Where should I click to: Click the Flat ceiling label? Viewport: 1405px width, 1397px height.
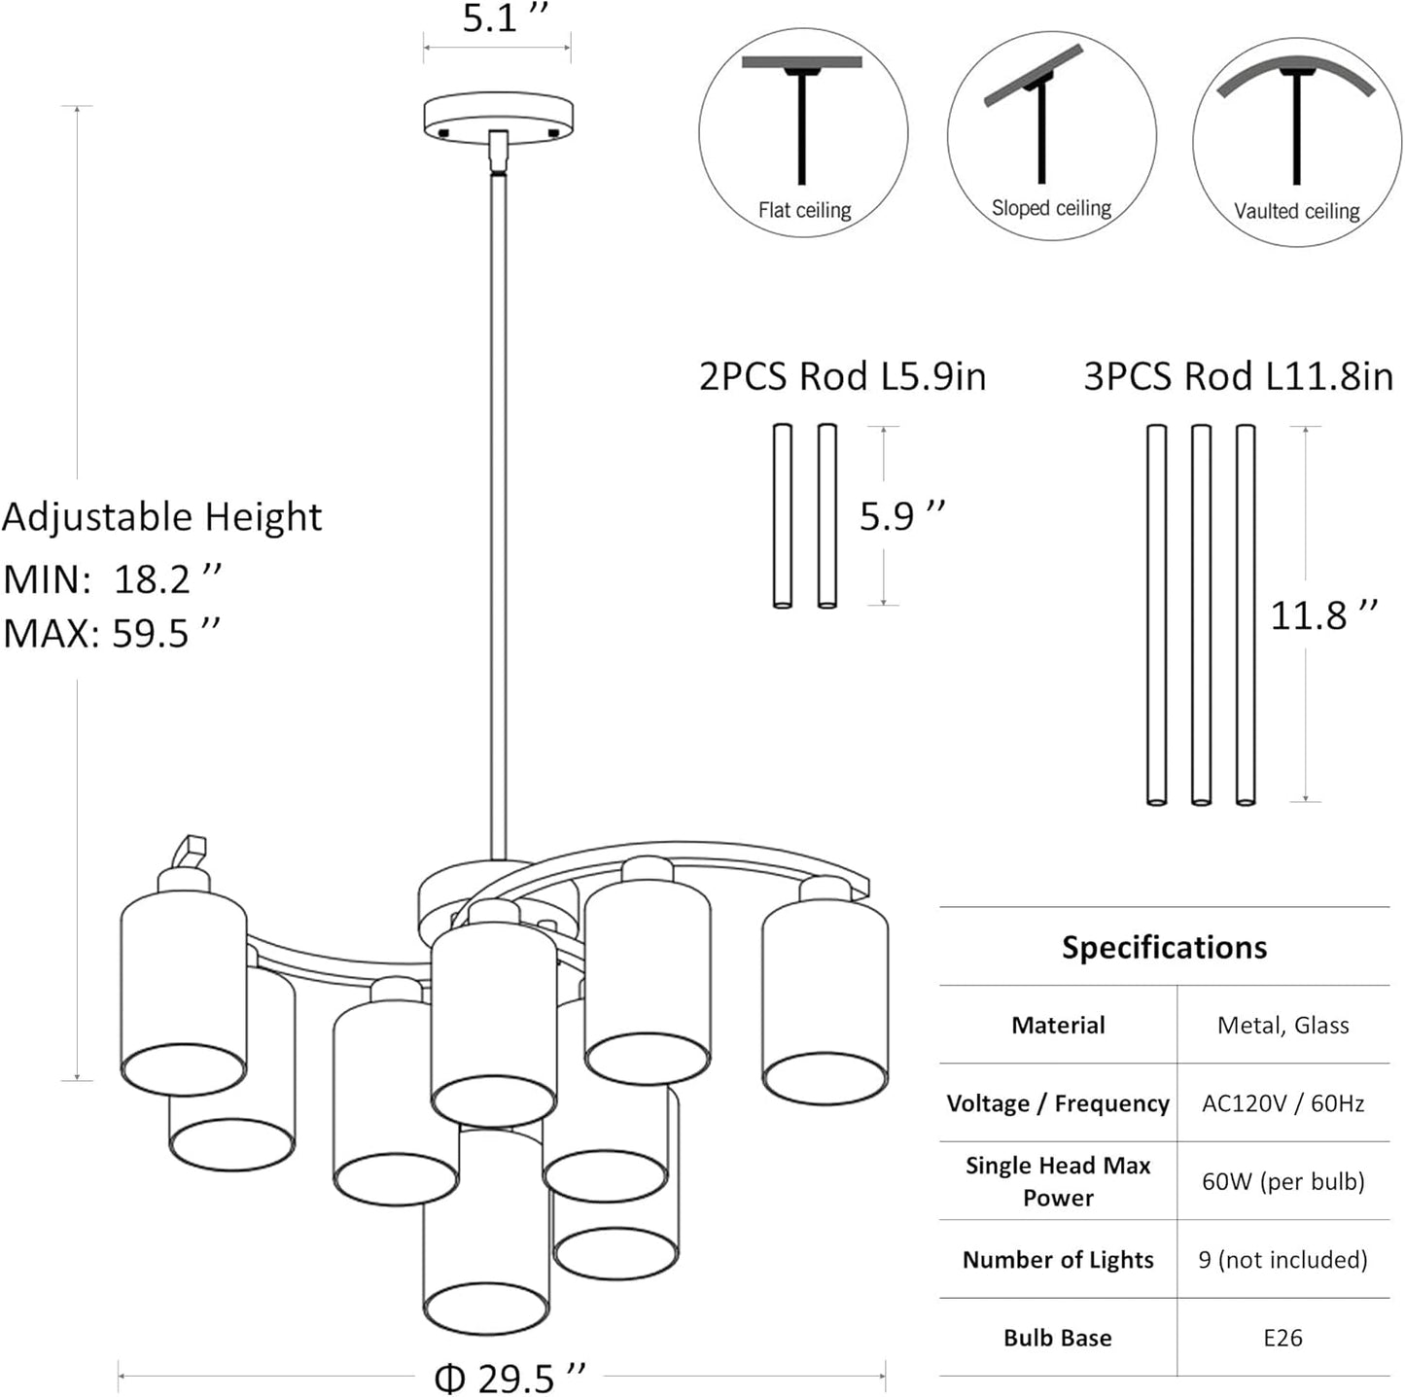pyautogui.click(x=804, y=210)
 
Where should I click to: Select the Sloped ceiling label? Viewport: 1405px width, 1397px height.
pyautogui.click(x=1051, y=208)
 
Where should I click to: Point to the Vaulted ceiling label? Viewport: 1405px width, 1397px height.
pyautogui.click(x=1296, y=211)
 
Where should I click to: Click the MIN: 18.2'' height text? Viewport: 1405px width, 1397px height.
pyautogui.click(x=113, y=579)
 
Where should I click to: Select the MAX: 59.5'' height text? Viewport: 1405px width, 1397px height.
pyautogui.click(x=112, y=634)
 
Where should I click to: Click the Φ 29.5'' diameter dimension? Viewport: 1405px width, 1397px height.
pyautogui.click(x=509, y=1378)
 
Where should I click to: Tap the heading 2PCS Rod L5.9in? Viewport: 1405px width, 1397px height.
pyautogui.click(x=842, y=376)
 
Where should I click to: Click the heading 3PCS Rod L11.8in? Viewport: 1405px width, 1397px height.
pyautogui.click(x=1238, y=376)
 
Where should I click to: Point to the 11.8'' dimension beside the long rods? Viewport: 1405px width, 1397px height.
pyautogui.click(x=1323, y=615)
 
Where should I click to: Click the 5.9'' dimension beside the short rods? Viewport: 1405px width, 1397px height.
pyautogui.click(x=901, y=516)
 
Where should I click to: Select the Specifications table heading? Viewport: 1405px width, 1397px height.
pyautogui.click(x=1164, y=948)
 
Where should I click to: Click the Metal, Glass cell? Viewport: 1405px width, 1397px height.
pyautogui.click(x=1282, y=1025)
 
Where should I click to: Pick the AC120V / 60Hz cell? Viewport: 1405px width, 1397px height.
pyautogui.click(x=1282, y=1103)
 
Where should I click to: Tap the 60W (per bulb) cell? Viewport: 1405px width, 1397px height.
pyautogui.click(x=1282, y=1181)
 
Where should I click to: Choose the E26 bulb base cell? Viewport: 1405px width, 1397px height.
pyautogui.click(x=1282, y=1338)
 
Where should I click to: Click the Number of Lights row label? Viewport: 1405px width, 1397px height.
pyautogui.click(x=1058, y=1260)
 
